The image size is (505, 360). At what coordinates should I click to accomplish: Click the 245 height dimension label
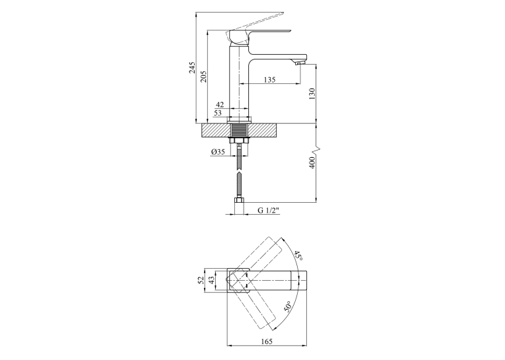pos(192,67)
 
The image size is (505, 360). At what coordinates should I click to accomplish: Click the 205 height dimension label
pos(203,76)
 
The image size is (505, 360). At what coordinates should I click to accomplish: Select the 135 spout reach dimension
pos(269,79)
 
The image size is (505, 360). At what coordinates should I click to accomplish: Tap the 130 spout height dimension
pos(312,94)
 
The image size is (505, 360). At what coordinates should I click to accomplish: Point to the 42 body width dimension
pos(220,104)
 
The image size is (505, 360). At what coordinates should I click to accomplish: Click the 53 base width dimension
pos(218,113)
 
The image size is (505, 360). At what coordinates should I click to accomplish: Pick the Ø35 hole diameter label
pos(218,152)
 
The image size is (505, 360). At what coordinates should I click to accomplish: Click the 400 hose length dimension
pos(312,163)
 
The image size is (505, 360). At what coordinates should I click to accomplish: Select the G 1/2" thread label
pos(268,211)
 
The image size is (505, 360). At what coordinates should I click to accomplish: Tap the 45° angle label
pos(298,256)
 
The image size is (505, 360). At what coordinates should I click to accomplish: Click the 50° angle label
pos(287,306)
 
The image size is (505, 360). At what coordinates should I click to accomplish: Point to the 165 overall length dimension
pos(267,341)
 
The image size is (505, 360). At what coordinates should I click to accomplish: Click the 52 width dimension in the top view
pos(201,280)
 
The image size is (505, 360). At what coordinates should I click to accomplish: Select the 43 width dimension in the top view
pos(212,280)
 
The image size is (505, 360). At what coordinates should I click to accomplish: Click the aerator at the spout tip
pos(298,63)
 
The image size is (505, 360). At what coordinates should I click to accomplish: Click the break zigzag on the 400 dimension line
pos(316,150)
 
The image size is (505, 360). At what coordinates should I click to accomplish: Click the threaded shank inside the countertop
pos(239,131)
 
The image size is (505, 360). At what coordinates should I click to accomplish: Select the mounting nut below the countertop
pos(239,141)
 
